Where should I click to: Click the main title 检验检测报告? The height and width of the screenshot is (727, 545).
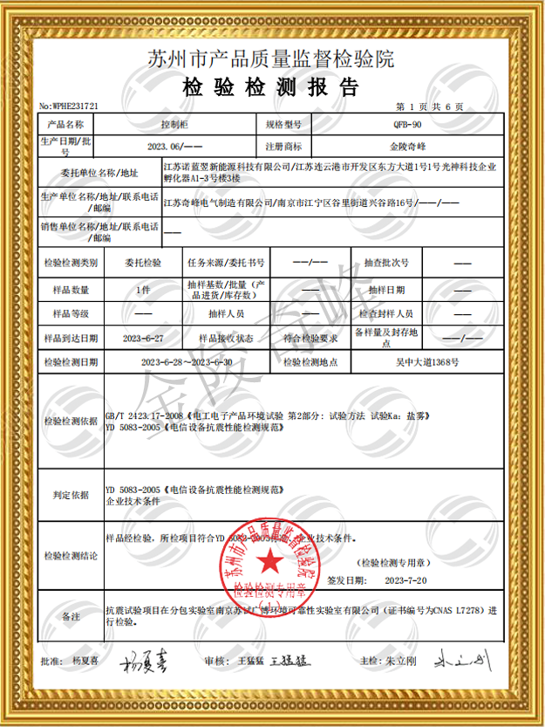(x=271, y=86)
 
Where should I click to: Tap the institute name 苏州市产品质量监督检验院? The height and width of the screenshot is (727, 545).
(x=271, y=59)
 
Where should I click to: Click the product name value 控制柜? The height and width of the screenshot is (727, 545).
(x=176, y=126)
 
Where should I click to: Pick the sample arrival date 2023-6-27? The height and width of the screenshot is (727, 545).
(x=144, y=337)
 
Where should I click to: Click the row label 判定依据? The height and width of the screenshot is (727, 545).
(x=72, y=495)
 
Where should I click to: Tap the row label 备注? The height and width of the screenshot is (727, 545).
(x=72, y=617)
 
